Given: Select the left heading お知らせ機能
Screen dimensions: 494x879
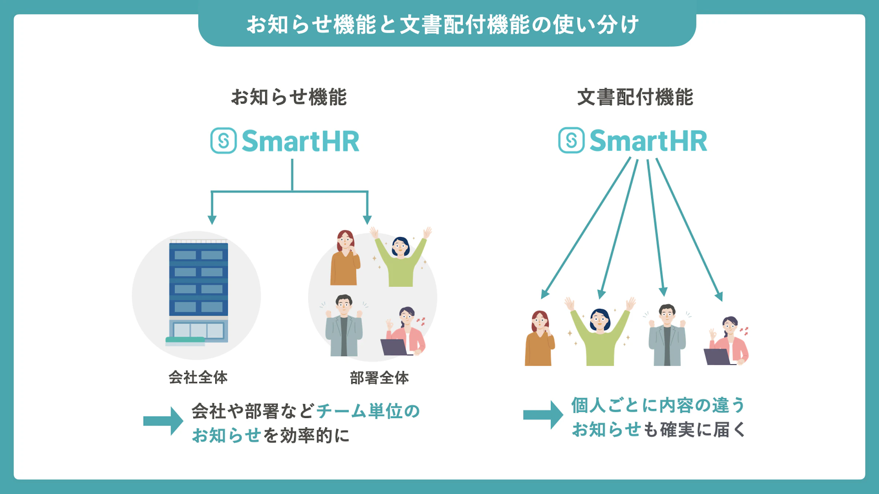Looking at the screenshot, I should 289,97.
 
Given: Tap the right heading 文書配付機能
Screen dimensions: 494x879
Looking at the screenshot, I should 635,97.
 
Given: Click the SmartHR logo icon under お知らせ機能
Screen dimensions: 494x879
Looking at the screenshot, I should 223,141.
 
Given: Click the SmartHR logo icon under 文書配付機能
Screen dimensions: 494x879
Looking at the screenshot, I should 571,140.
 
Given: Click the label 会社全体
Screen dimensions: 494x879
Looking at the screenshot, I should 198,377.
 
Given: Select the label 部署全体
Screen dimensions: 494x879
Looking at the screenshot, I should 379,378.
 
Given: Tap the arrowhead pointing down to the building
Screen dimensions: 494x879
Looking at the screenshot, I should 212,220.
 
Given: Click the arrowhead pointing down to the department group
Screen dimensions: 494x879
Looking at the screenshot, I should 367,220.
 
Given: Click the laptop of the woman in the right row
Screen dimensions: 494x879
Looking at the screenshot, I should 717,357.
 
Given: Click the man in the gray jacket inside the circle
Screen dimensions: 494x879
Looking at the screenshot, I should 344,328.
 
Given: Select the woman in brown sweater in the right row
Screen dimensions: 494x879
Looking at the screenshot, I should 539,340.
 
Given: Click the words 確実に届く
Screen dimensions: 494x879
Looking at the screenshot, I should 703,430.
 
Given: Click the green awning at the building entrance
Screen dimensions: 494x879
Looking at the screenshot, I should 185,340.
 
